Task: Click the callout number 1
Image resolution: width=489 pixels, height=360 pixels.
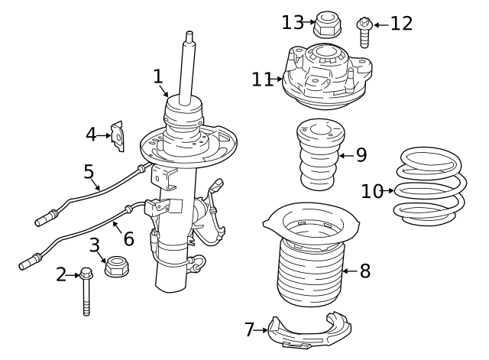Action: click(x=157, y=76)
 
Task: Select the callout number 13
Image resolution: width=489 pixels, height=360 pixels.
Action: click(x=293, y=22)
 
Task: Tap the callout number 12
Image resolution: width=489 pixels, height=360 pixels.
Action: click(x=401, y=24)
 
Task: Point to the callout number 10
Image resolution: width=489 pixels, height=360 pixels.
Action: click(x=372, y=190)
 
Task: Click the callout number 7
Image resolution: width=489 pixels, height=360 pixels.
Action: click(x=249, y=329)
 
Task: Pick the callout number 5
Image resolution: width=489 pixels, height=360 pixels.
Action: click(x=89, y=172)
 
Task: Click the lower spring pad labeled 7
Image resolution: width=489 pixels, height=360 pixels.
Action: click(x=309, y=332)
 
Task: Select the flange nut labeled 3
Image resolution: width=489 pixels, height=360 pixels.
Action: click(x=116, y=267)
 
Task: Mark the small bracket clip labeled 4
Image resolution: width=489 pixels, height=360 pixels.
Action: click(x=118, y=135)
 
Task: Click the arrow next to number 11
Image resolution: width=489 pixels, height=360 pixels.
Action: click(x=280, y=79)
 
